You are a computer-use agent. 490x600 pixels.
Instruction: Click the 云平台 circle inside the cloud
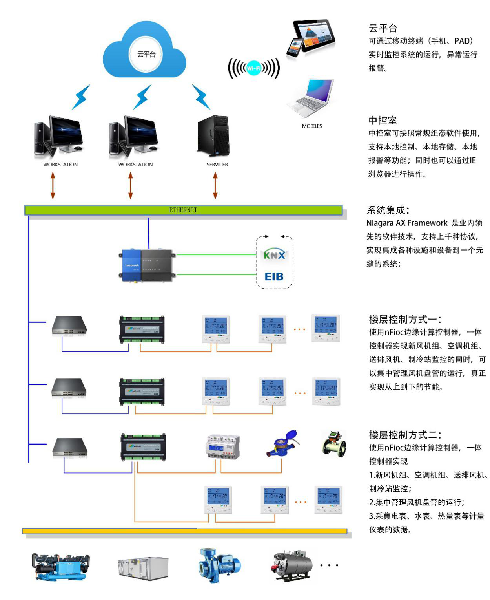pyautogui.click(x=146, y=54)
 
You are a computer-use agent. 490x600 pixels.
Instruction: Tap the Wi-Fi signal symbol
pyautogui.click(x=254, y=68)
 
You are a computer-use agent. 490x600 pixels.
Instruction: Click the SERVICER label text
pyautogui.click(x=217, y=165)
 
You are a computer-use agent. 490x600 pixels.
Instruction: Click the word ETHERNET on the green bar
pyautogui.click(x=183, y=210)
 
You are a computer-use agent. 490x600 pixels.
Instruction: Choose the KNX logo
pyautogui.click(x=274, y=255)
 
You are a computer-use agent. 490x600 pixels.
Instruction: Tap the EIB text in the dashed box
pyautogui.click(x=274, y=276)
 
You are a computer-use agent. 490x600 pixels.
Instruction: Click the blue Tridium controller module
pyautogui.click(x=133, y=265)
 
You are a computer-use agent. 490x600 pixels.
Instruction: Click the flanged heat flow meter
pyautogui.click(x=334, y=444)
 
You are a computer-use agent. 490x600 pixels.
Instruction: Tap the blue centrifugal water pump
pyautogui.click(x=219, y=565)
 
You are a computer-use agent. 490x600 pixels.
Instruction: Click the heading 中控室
pyautogui.click(x=383, y=120)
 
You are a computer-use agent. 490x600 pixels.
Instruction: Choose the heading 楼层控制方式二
pyautogui.click(x=405, y=435)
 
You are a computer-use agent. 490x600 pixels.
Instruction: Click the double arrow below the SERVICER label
pyautogui.click(x=215, y=185)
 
